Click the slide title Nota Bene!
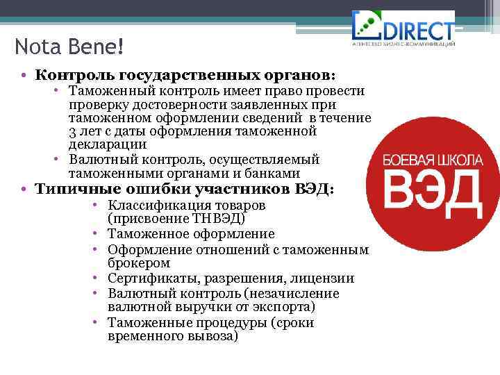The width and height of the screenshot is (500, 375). click(x=69, y=47)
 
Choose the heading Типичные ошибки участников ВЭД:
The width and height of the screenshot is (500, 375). click(x=185, y=189)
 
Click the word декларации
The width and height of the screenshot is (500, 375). click(x=108, y=144)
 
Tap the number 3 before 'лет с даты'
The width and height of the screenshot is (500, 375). click(x=73, y=131)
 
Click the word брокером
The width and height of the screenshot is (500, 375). click(x=139, y=264)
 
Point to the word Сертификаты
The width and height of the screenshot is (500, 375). click(x=149, y=278)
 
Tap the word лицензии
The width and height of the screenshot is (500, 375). click(x=327, y=278)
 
